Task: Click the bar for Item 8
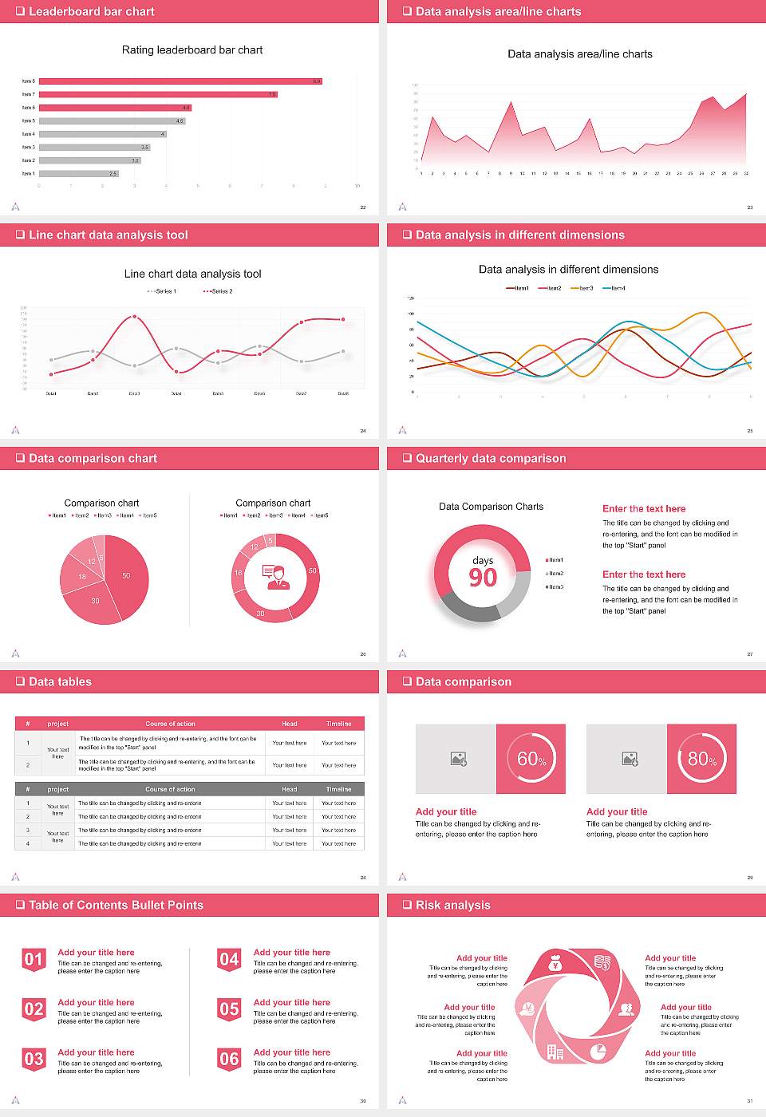click(x=180, y=81)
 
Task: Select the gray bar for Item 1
click(x=78, y=173)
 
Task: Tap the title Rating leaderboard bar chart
click(x=191, y=49)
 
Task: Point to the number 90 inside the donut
click(x=483, y=578)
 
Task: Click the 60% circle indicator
click(x=531, y=759)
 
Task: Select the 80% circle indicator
click(x=701, y=759)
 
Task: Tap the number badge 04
click(x=229, y=960)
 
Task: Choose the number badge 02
click(x=34, y=1010)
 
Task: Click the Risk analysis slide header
click(x=452, y=905)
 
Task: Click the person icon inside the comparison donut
click(x=275, y=576)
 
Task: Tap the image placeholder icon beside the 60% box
click(x=458, y=759)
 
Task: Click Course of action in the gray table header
click(x=170, y=789)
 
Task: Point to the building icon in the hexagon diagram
click(x=555, y=1052)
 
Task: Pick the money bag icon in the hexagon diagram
click(x=556, y=965)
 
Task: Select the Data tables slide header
click(x=60, y=681)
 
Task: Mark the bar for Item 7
click(x=158, y=94)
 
